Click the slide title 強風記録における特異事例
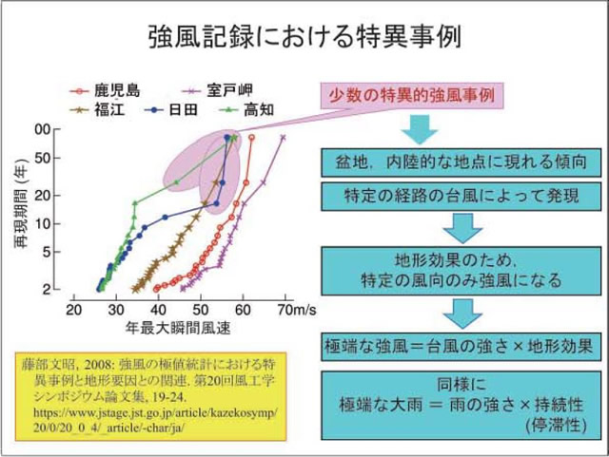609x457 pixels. point(304,37)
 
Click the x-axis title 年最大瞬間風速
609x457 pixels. point(181,328)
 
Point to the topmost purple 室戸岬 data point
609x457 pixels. point(283,137)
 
